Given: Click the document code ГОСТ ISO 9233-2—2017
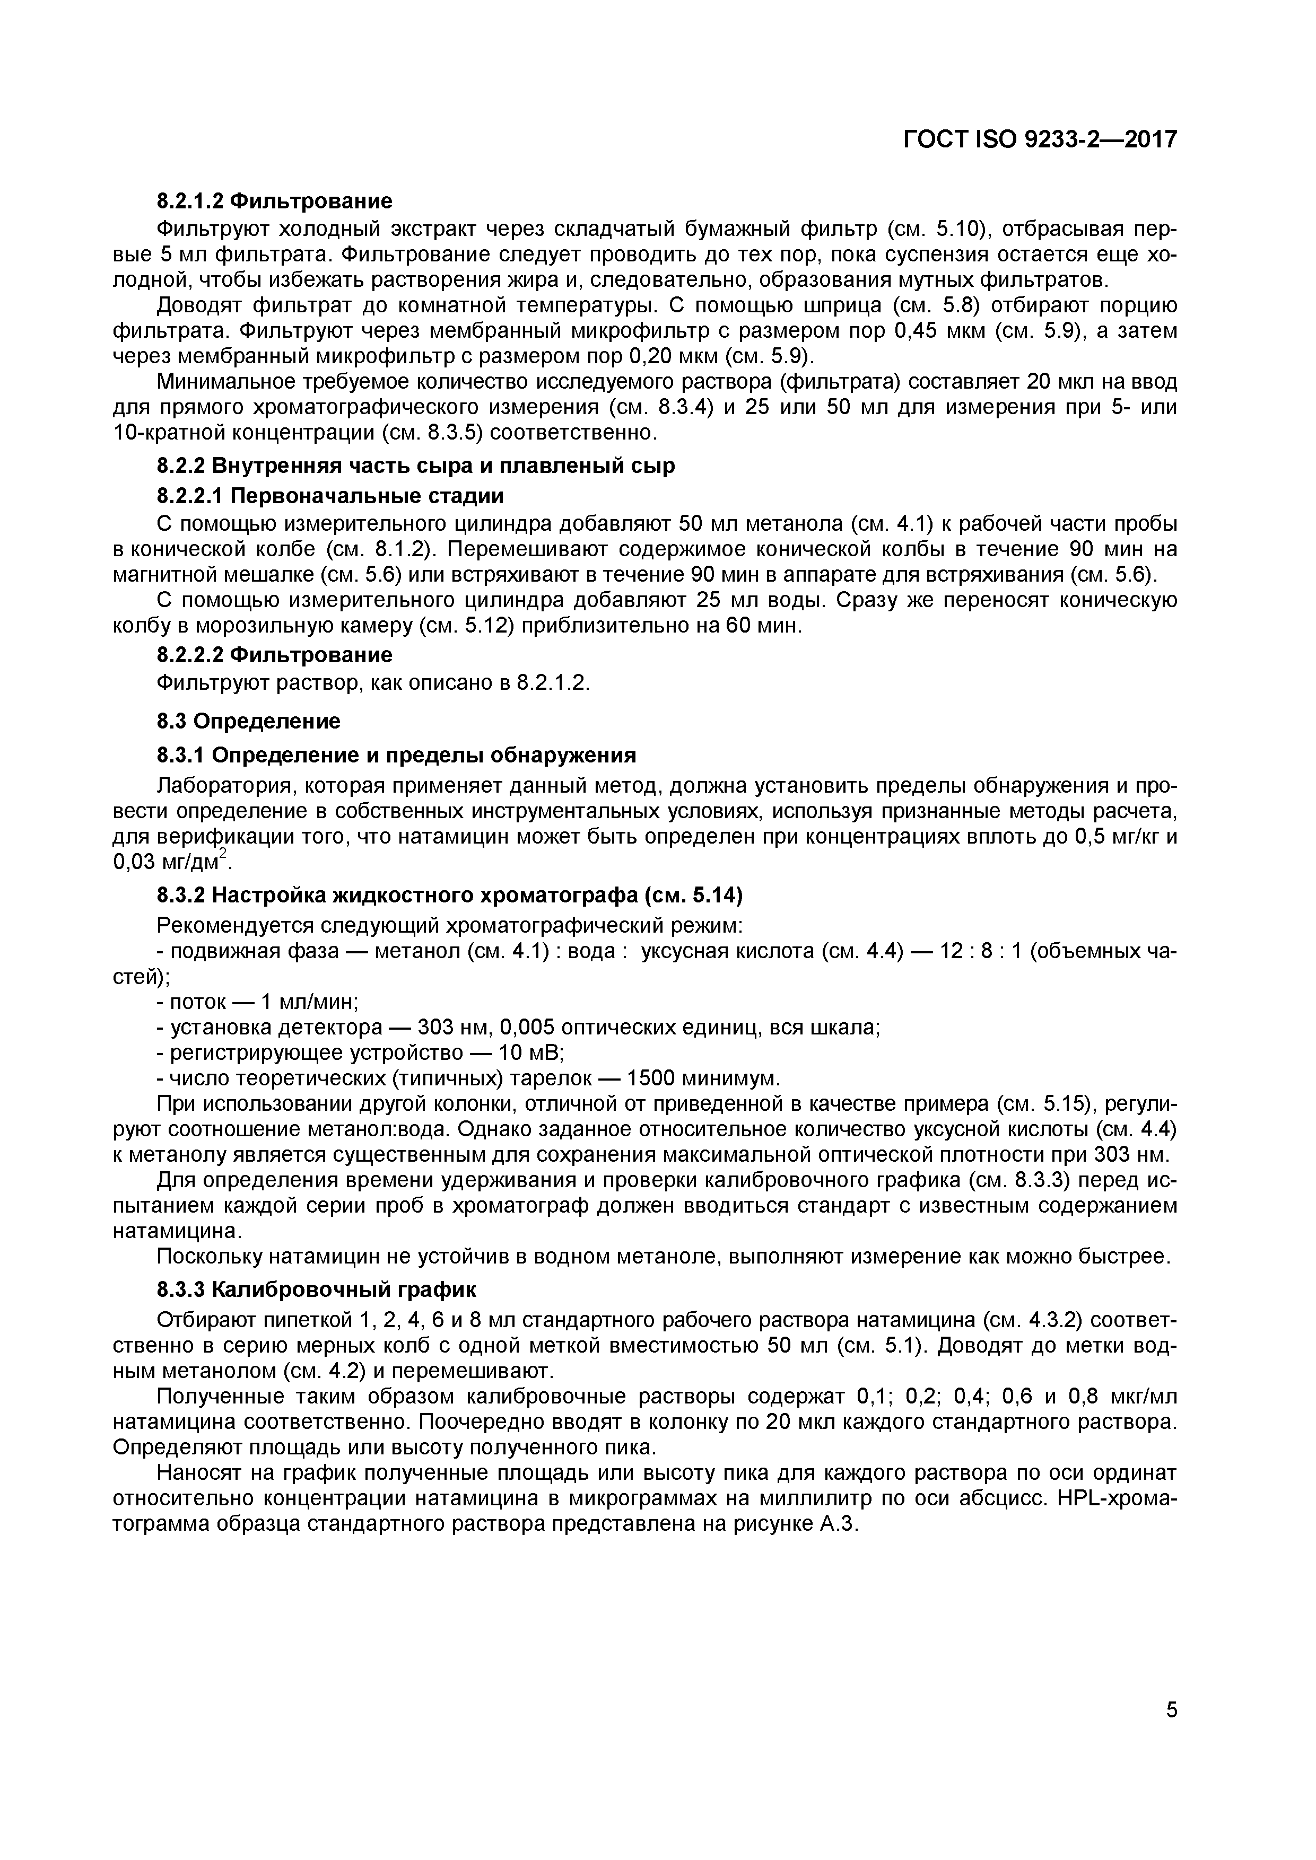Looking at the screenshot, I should (x=1039, y=140).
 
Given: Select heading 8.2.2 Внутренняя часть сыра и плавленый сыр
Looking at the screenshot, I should (x=415, y=467).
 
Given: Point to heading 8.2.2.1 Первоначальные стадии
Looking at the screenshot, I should (x=330, y=496).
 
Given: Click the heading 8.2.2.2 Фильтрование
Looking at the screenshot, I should (x=274, y=655).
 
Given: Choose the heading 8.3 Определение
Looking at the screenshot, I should (x=248, y=721).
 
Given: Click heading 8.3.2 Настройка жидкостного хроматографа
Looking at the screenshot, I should (x=449, y=895).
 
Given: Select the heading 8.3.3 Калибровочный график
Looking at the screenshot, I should (x=316, y=1289).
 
